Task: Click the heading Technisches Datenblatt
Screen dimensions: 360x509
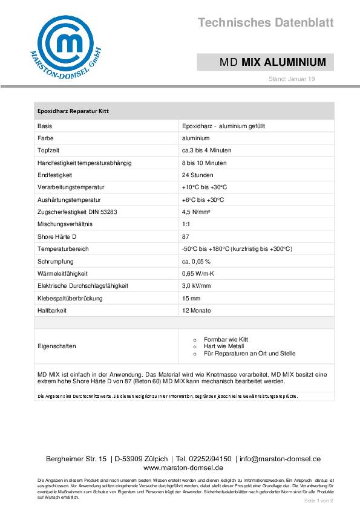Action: [x=266, y=23]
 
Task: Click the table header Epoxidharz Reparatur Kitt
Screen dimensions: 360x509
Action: [x=73, y=111]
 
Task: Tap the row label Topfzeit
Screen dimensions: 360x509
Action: [x=48, y=151]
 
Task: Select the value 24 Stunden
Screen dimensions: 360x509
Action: [x=197, y=175]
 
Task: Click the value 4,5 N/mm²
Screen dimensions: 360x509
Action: [x=196, y=212]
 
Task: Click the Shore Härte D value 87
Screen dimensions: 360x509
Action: [x=185, y=236]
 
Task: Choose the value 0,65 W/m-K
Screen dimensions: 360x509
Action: [x=197, y=273]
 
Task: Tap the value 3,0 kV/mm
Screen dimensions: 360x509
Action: [x=196, y=285]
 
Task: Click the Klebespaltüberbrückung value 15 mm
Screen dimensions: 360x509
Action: [x=191, y=298]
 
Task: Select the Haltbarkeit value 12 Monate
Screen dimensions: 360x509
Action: [x=196, y=310]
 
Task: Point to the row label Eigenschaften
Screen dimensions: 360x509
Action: [x=57, y=346]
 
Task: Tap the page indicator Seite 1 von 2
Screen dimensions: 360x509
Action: [x=319, y=501]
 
